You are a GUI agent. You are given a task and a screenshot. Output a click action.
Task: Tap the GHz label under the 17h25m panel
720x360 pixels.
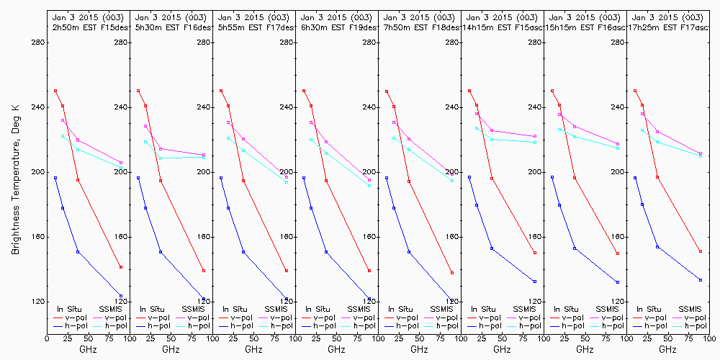click(667, 349)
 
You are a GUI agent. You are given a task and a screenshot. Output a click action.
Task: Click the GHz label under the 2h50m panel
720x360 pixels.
click(88, 349)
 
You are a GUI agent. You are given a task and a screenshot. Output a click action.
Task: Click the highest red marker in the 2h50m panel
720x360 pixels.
click(55, 91)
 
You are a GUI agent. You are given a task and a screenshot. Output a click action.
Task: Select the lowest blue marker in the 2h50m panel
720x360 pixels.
click(121, 296)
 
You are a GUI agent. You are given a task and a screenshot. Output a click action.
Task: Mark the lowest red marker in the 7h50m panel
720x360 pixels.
click(452, 273)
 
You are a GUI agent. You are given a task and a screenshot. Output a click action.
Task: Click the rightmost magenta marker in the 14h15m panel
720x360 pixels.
click(535, 136)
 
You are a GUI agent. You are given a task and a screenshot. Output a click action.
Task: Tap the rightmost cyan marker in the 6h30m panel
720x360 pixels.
click(369, 186)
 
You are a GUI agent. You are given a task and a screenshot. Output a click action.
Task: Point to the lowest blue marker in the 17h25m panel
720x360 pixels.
click(701, 280)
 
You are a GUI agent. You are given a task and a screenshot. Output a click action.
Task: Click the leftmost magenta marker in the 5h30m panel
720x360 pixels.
click(145, 126)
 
